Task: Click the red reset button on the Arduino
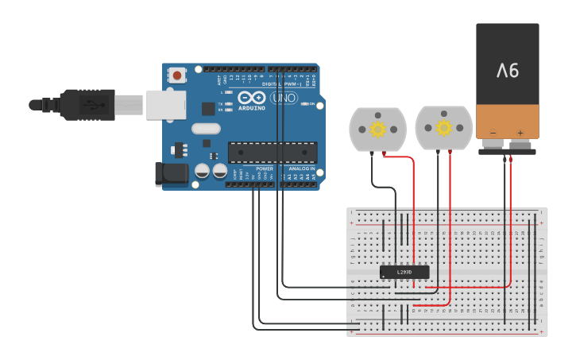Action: tap(176, 75)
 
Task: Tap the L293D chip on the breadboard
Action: tap(404, 272)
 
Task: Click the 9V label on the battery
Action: tap(508, 71)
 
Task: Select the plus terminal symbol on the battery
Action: tap(520, 133)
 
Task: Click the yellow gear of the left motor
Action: tap(378, 129)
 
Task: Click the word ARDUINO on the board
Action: tap(252, 108)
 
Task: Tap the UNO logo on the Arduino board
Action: tap(284, 99)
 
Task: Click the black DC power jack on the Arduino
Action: tap(168, 173)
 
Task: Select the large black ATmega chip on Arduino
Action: tap(273, 153)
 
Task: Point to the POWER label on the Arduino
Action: tap(265, 168)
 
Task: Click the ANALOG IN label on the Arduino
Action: tap(301, 168)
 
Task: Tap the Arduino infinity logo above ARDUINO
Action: tap(252, 97)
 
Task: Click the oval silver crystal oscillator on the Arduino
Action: tap(206, 129)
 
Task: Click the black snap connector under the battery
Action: tap(507, 149)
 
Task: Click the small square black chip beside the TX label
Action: tap(208, 108)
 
